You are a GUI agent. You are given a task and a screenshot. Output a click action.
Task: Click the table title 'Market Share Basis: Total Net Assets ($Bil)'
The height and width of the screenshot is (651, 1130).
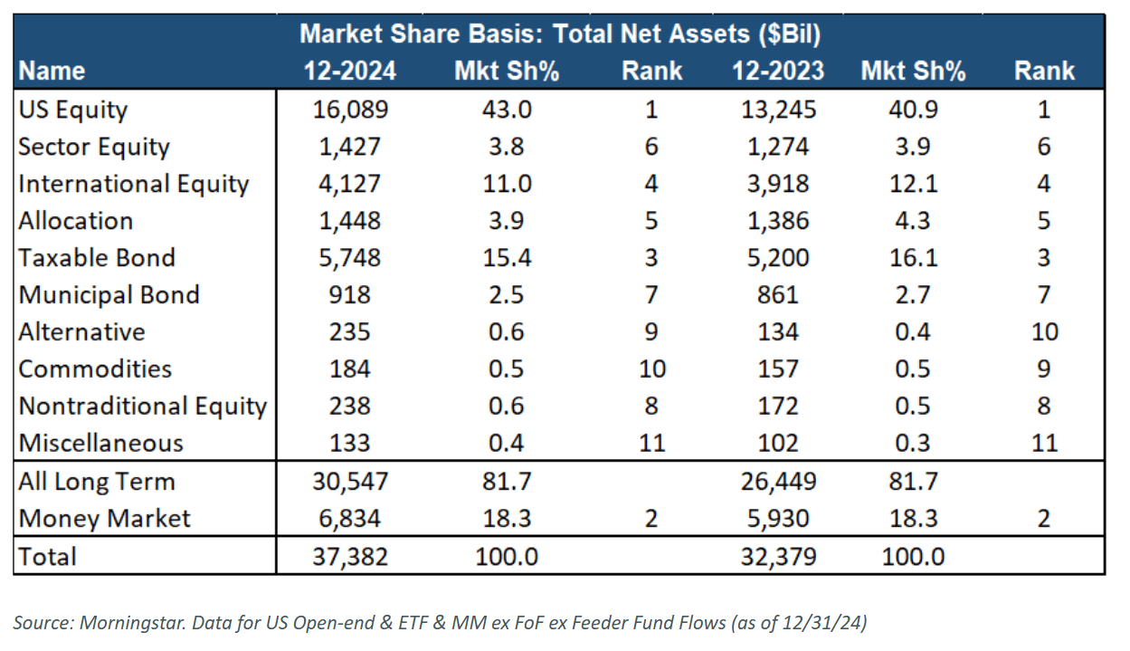click(560, 34)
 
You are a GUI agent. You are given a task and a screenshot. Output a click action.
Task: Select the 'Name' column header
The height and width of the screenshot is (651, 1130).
click(52, 71)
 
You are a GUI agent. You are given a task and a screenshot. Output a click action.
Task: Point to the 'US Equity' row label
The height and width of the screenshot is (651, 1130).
click(73, 110)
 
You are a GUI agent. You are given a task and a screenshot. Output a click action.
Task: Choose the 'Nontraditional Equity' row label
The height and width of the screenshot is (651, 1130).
click(142, 407)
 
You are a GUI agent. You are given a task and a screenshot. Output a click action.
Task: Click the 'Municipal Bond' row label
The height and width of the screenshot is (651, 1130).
click(109, 295)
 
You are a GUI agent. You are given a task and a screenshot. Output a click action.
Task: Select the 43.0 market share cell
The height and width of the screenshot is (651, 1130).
click(506, 110)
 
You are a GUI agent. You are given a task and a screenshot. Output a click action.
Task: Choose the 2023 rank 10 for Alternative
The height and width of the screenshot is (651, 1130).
click(1044, 332)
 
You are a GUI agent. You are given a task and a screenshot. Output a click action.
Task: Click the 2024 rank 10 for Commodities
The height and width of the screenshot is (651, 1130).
click(651, 369)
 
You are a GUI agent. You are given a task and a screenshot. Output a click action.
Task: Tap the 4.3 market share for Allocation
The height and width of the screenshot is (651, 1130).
click(914, 221)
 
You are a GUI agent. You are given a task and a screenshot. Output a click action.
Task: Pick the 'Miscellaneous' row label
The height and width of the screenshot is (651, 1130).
click(100, 444)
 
